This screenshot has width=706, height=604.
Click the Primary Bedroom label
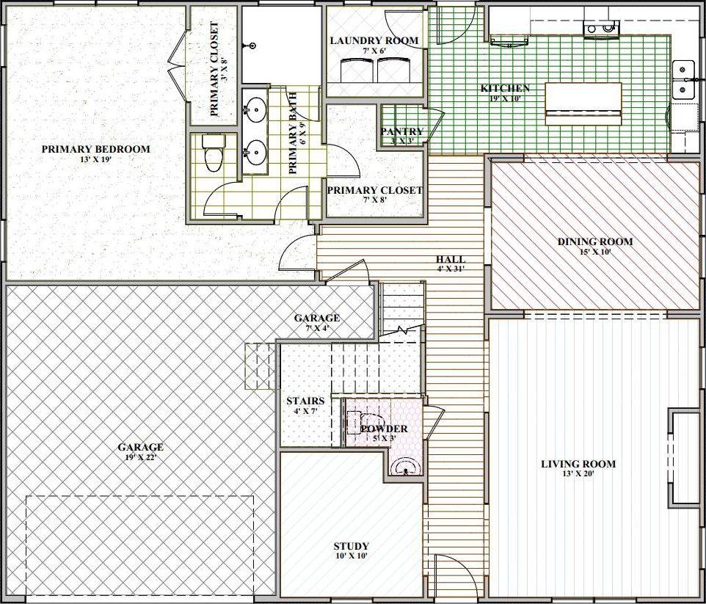[96, 149]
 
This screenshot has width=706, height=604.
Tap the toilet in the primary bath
[214, 153]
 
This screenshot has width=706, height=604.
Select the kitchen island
[583, 103]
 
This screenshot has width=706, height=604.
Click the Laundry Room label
[374, 40]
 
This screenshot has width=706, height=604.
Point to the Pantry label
[402, 131]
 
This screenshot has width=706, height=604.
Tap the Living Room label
[578, 464]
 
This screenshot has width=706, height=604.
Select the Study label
[352, 546]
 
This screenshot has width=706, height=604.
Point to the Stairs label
[305, 401]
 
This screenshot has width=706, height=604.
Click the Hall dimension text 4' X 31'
[451, 269]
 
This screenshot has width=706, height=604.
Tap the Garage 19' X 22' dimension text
[140, 458]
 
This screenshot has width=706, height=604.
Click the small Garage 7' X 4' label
[317, 318]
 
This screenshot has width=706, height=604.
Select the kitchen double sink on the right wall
[683, 80]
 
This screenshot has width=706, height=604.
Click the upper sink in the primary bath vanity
[255, 108]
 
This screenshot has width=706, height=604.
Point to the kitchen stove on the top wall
[602, 29]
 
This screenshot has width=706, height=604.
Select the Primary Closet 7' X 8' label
[374, 191]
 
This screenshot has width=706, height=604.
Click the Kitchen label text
[505, 88]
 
